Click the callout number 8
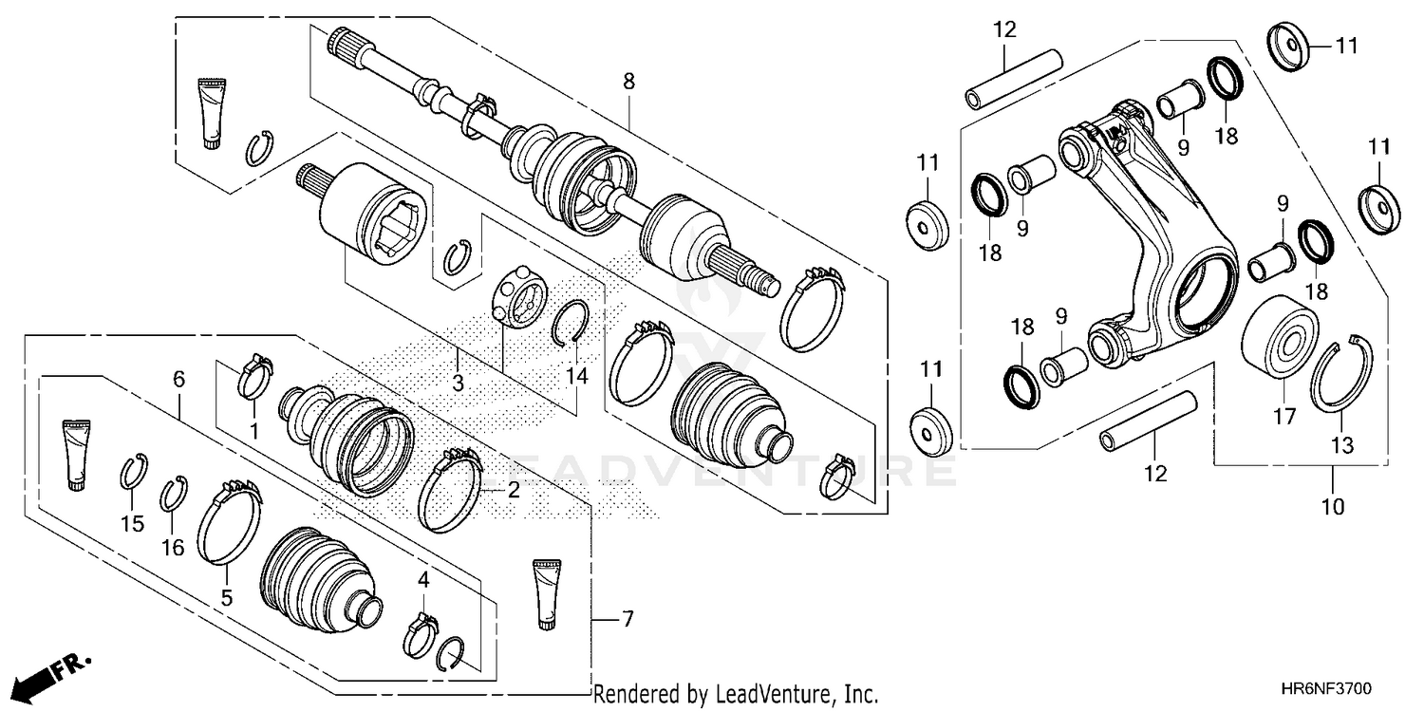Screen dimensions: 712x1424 click(x=628, y=83)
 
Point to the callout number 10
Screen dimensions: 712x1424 click(x=1333, y=507)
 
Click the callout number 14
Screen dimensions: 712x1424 click(x=577, y=376)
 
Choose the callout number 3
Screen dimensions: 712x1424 click(x=457, y=384)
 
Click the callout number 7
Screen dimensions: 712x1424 click(x=627, y=620)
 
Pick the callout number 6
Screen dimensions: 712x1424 click(x=178, y=379)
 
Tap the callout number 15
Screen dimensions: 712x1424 click(x=131, y=523)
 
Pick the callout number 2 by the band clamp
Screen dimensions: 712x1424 click(x=513, y=490)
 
